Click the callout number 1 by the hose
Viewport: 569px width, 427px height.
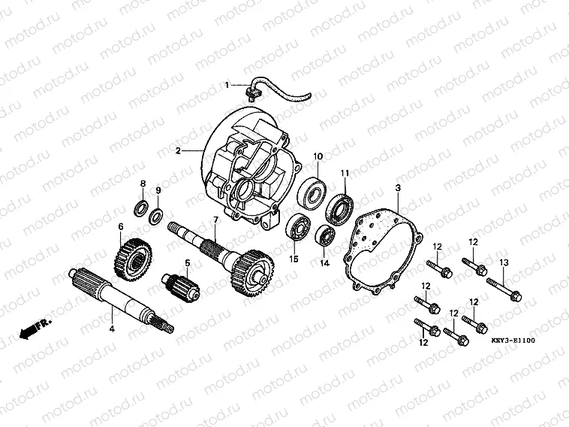[226, 85]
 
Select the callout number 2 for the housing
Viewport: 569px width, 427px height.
[178, 151]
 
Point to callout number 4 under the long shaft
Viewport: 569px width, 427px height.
[112, 329]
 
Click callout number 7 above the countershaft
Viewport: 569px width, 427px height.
[215, 219]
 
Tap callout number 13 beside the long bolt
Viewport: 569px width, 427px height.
[504, 262]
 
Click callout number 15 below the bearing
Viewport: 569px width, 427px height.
[294, 259]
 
